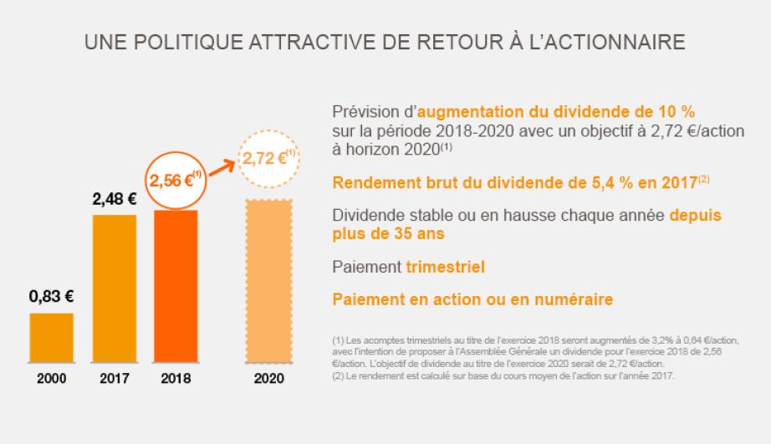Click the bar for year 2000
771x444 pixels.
click(52, 339)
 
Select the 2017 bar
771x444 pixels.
click(114, 289)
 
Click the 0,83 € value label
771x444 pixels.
click(52, 296)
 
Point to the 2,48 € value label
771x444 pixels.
click(114, 199)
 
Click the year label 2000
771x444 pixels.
click(52, 378)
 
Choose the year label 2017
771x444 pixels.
click(114, 378)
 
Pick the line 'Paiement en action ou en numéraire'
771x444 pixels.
click(472, 299)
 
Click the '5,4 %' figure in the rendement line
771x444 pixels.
click(554, 181)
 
